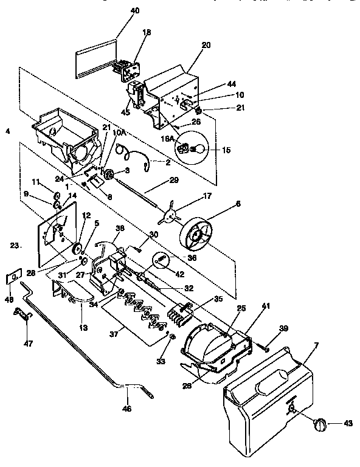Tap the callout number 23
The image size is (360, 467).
pos(14,246)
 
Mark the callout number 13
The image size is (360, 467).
pos(83,328)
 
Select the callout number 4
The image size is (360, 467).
pos(8,131)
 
